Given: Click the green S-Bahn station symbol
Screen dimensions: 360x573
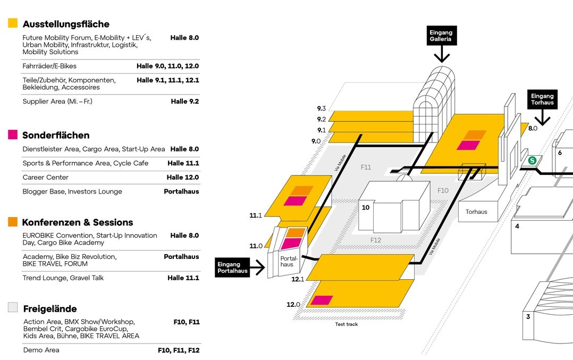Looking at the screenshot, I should coord(532,160).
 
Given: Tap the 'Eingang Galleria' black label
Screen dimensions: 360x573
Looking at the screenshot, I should coord(441,36).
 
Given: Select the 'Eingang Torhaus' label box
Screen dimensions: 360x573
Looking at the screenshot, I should coord(542,99).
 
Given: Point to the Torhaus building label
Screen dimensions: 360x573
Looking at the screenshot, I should coord(476,212).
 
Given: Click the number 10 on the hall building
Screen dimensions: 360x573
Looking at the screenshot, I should coord(366,207).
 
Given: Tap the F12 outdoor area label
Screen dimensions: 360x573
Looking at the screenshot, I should coord(376,240).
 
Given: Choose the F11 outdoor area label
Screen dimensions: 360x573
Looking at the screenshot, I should coord(366,167).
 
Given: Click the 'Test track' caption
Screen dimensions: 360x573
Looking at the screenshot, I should coord(346,324).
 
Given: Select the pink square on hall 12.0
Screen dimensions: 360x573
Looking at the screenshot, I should coord(322,300).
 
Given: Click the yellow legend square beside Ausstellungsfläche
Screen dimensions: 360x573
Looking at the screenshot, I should coord(13,23).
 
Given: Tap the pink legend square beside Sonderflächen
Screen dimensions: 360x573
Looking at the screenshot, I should coord(13,135).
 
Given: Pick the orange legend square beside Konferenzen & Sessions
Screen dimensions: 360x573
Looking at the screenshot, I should coord(13,222).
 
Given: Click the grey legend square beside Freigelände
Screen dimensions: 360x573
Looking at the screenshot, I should coord(13,307).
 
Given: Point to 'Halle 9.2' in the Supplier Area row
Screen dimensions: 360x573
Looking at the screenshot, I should coord(184,102).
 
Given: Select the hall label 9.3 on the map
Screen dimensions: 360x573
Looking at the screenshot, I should coord(321,108).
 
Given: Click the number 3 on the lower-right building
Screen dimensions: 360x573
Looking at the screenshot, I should coord(528,317).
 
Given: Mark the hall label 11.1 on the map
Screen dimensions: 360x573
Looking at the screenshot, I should coord(256,215).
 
